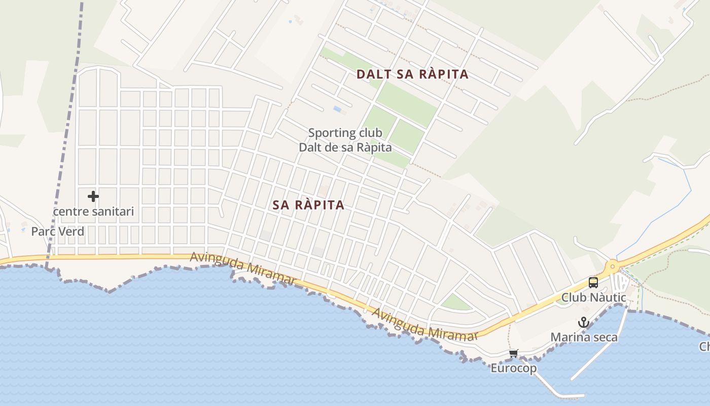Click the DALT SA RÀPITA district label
point(412,74)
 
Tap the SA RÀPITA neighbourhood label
point(308,205)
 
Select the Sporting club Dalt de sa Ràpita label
point(345,140)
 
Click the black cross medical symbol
point(93,196)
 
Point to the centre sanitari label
point(93,211)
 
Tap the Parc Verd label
point(57,231)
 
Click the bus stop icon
point(593,283)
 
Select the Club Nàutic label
point(593,297)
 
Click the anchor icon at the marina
point(584,322)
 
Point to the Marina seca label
point(584,337)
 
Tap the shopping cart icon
point(514,353)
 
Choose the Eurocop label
point(513,368)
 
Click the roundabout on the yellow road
point(613,265)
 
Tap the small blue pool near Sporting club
point(337,109)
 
